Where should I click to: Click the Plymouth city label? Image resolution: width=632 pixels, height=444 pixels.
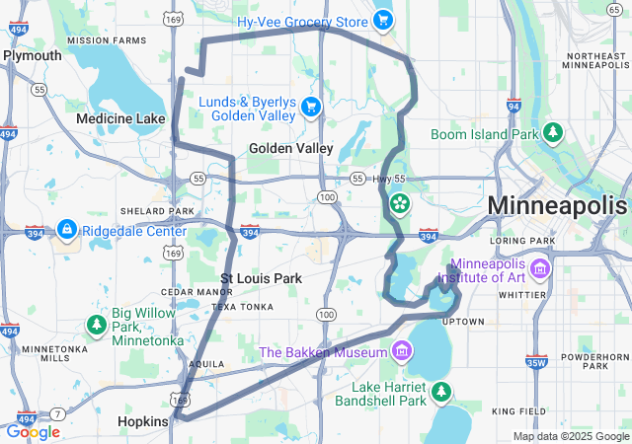click(33, 55)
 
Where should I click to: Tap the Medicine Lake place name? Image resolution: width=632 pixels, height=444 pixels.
click(121, 119)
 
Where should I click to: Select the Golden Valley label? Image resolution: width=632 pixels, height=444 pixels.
click(291, 148)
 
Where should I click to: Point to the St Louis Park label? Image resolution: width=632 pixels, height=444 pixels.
click(261, 279)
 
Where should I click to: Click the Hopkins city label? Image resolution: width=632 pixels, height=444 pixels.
click(143, 421)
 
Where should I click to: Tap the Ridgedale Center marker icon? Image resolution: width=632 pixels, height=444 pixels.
click(66, 230)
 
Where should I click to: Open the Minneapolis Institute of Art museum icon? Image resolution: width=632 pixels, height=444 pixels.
click(539, 268)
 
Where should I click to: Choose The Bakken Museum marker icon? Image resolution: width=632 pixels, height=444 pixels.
click(401, 351)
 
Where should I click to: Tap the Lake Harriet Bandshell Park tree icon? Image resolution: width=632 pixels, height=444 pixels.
click(441, 393)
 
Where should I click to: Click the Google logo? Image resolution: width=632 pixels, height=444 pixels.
click(33, 432)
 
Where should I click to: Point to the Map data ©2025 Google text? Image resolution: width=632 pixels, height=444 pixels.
click(570, 436)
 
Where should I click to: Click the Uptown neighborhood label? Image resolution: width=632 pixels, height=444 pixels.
click(463, 322)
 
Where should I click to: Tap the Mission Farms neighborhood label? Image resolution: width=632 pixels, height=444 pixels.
click(106, 40)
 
